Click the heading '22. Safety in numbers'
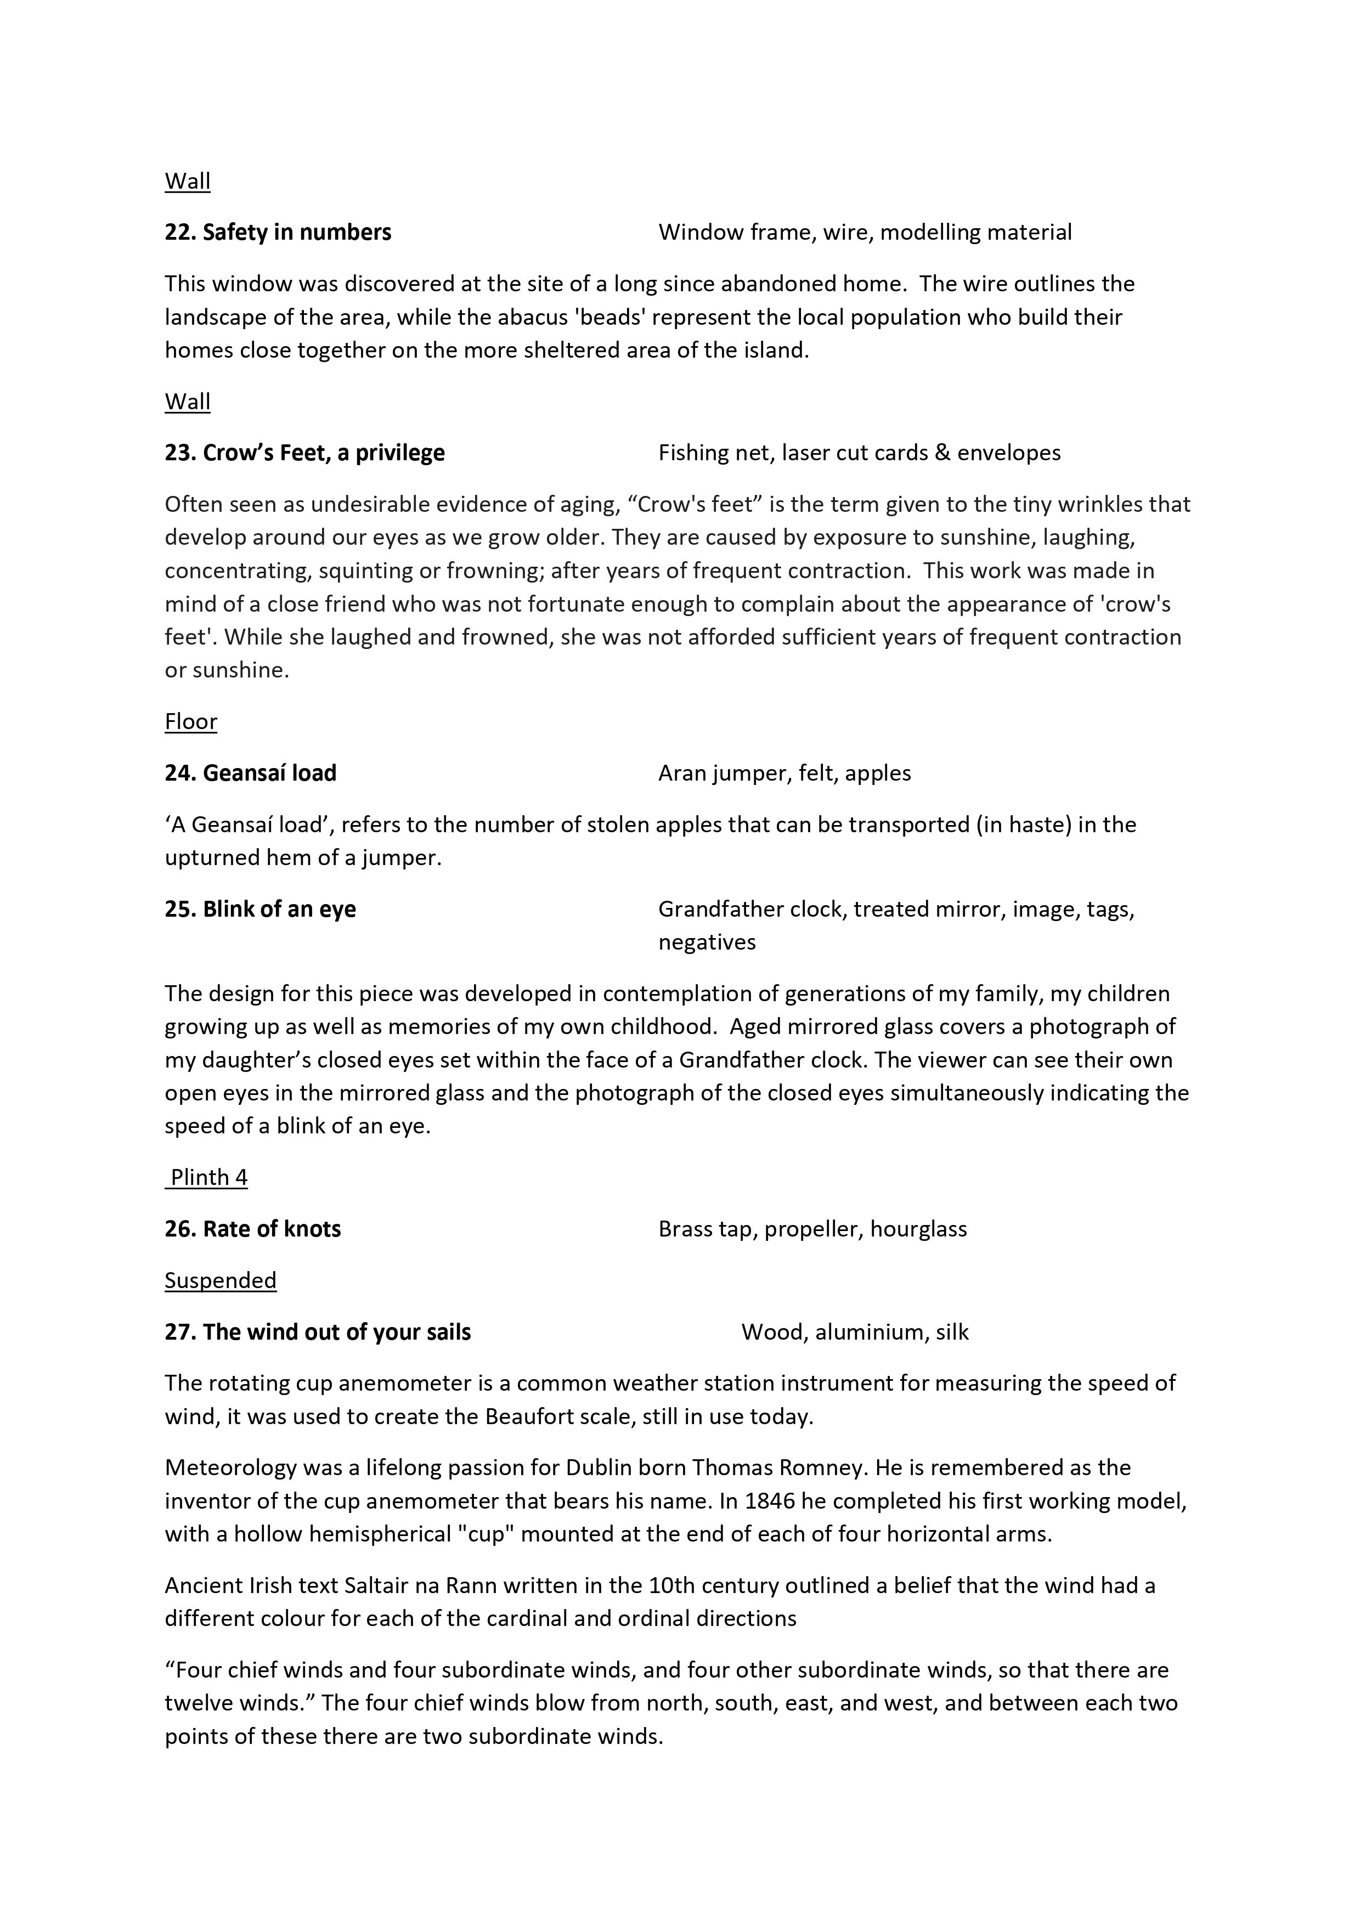[x=278, y=232]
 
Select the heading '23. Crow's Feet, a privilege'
[x=304, y=453]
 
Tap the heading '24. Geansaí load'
[x=250, y=773]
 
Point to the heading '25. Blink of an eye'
[x=260, y=910]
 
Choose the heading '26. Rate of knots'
[x=252, y=1230]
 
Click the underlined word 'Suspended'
[x=220, y=1281]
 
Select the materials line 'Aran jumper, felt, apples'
[x=784, y=773]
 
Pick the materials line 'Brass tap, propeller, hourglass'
[x=812, y=1230]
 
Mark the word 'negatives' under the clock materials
[x=706, y=942]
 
